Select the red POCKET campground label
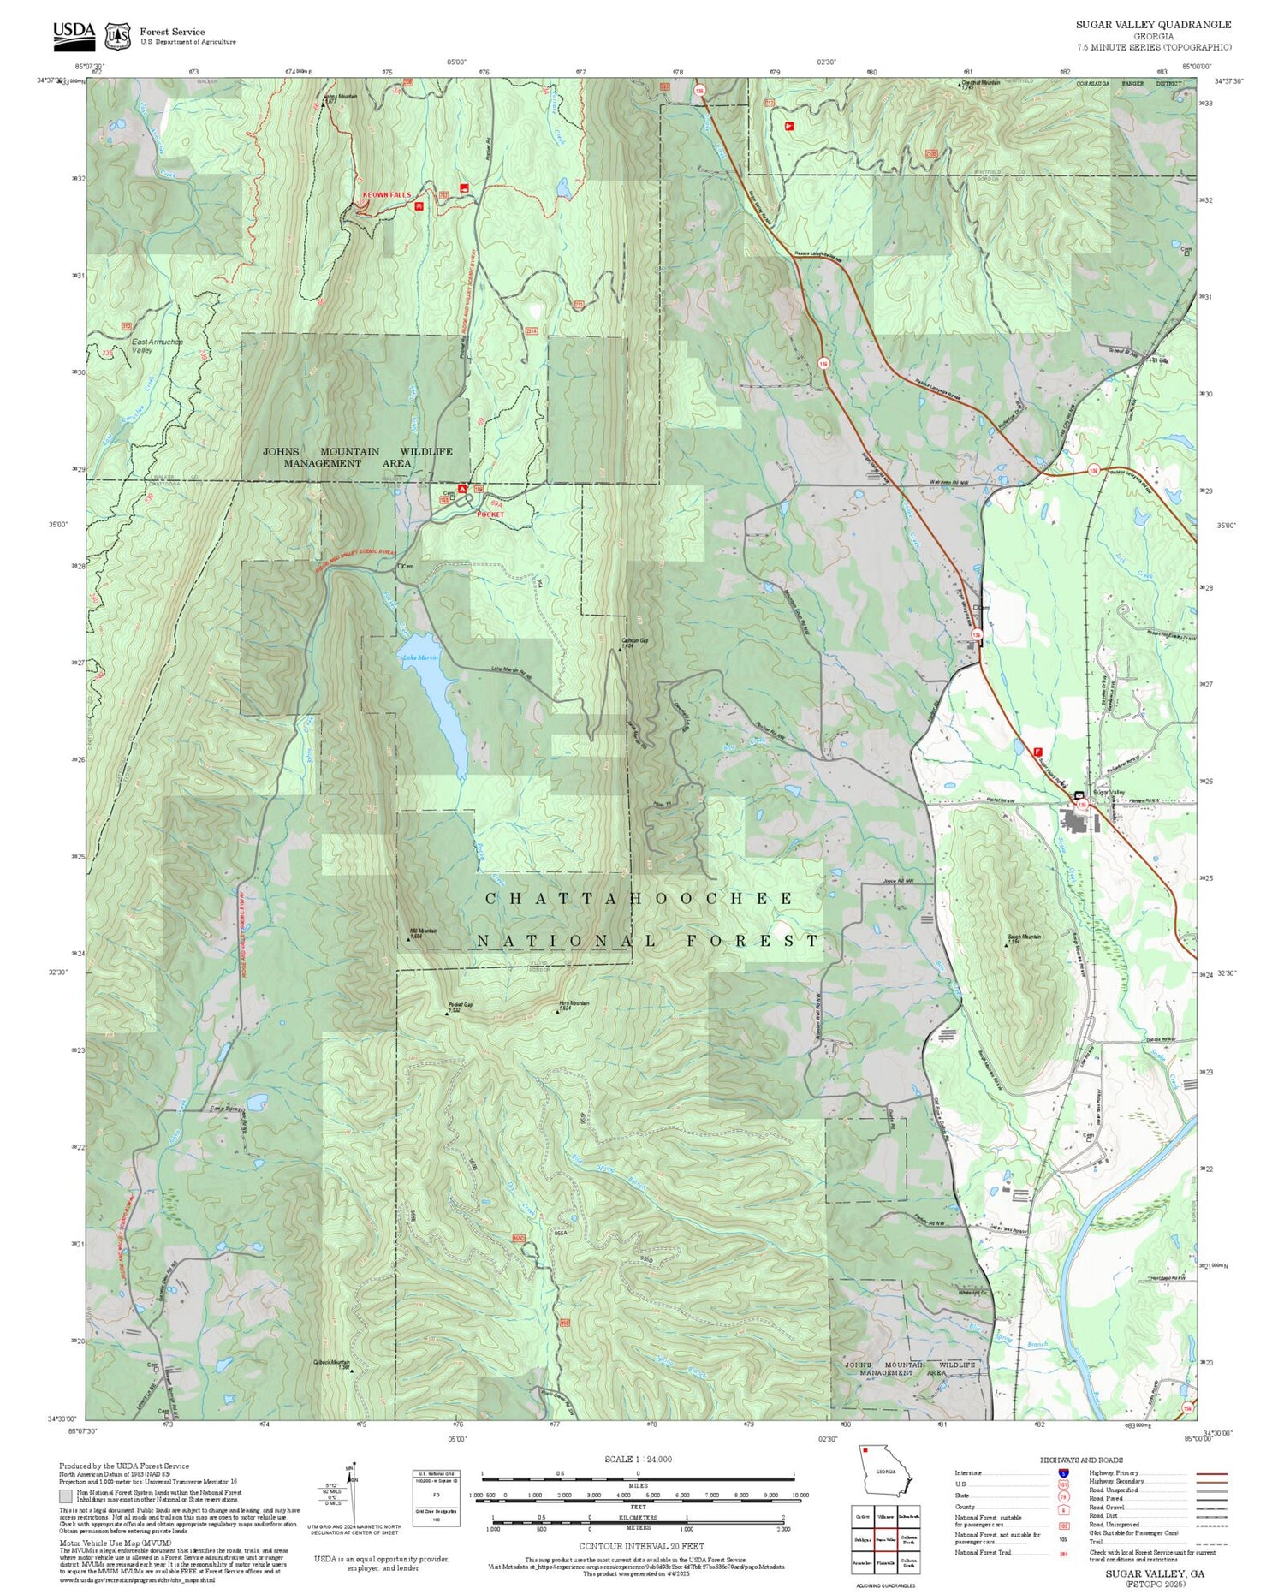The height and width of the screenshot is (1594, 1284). (x=491, y=514)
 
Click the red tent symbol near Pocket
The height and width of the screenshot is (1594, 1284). (x=462, y=488)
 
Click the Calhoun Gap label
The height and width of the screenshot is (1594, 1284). (x=634, y=640)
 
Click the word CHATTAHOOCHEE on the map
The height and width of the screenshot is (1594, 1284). (x=639, y=898)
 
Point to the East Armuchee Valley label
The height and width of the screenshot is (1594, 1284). (x=156, y=346)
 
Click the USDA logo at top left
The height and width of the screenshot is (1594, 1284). (x=74, y=32)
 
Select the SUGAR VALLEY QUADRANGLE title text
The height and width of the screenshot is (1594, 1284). (x=1153, y=25)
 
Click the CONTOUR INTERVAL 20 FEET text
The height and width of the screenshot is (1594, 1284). (x=641, y=1546)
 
